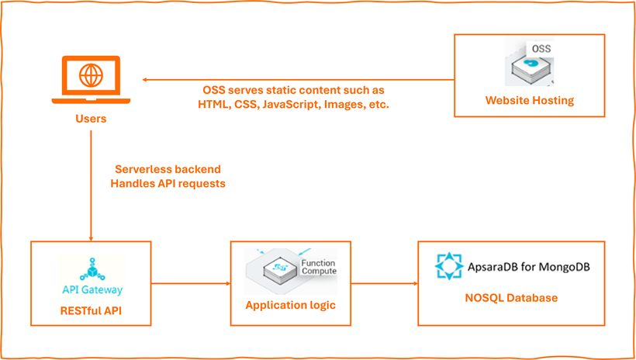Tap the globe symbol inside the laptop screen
[x=92, y=76]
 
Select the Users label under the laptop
[x=91, y=119]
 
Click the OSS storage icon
[x=530, y=64]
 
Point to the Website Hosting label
[x=529, y=100]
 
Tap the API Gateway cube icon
[x=91, y=268]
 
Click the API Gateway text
[x=91, y=290]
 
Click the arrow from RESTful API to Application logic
[x=190, y=283]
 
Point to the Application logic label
[x=290, y=305]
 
